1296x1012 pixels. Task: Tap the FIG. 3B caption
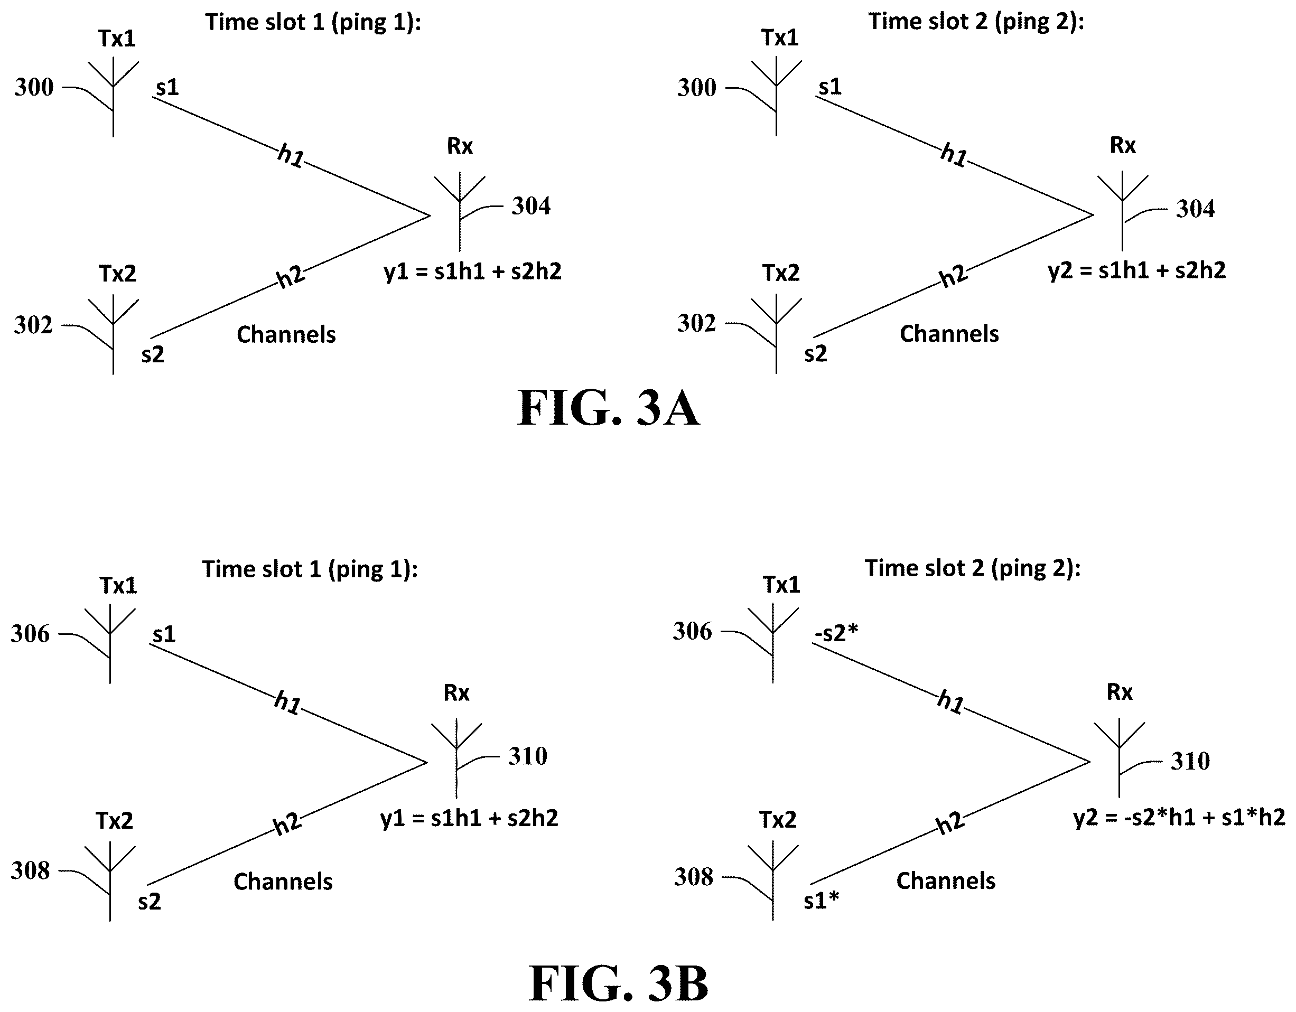[618, 983]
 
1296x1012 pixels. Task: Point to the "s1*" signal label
[821, 901]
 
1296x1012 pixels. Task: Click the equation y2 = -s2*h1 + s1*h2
[1179, 818]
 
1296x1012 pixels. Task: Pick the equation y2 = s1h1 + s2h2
[1136, 270]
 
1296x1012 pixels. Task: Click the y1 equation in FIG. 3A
[472, 271]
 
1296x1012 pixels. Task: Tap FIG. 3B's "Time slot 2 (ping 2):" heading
[973, 568]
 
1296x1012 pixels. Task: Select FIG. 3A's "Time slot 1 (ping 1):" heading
[313, 22]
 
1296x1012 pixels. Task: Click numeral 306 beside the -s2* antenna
[692, 631]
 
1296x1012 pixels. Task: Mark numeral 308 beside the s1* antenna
[693, 877]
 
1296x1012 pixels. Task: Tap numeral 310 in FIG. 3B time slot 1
[527, 756]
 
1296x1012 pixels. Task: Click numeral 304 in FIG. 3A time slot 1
[531, 207]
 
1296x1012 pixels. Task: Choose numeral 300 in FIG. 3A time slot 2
[697, 88]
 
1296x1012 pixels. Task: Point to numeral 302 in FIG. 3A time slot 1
[33, 325]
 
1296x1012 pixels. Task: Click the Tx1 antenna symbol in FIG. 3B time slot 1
[110, 644]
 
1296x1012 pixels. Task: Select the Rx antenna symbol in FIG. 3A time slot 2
[1122, 211]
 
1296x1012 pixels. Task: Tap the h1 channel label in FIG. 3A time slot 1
[291, 156]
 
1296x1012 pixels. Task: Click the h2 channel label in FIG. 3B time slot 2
[950, 823]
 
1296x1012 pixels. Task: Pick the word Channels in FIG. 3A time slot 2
[949, 334]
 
